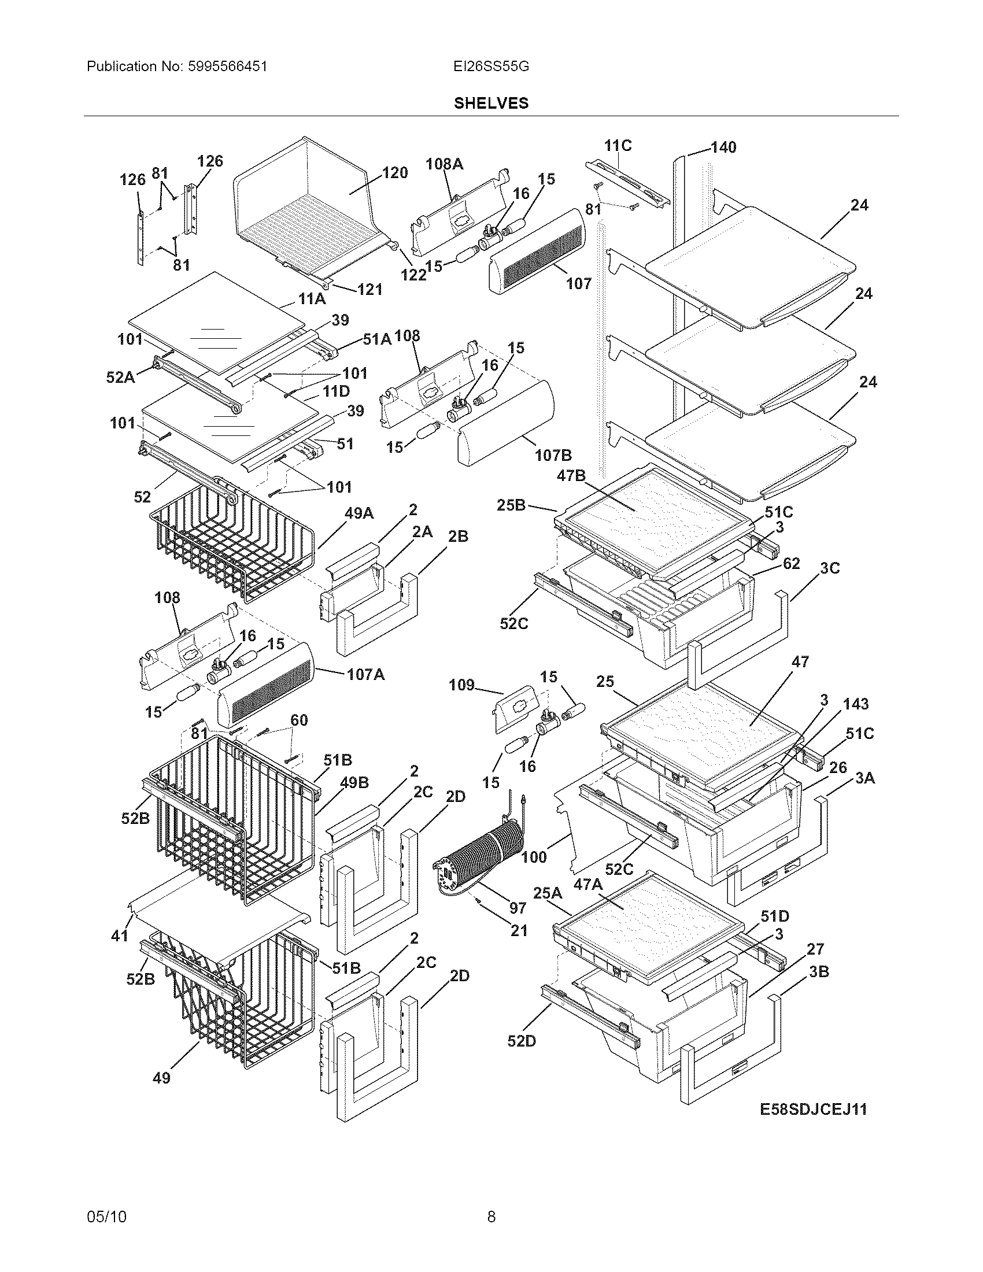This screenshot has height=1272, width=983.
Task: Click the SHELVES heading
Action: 491,103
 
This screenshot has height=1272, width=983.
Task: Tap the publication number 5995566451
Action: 228,66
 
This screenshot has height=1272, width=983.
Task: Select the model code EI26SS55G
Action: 491,66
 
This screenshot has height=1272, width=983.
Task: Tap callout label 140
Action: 723,147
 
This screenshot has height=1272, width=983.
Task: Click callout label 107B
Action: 553,455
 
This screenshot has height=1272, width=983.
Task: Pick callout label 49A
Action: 359,513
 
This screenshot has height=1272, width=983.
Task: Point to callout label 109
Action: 461,685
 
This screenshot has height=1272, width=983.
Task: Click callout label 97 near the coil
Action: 517,907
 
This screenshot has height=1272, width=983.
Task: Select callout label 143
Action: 855,704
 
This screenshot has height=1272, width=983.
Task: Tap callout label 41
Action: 119,935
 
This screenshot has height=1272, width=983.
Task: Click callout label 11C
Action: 618,145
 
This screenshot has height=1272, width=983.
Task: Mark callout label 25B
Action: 511,505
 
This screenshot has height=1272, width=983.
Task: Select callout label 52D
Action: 521,1041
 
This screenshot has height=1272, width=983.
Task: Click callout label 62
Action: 791,563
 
